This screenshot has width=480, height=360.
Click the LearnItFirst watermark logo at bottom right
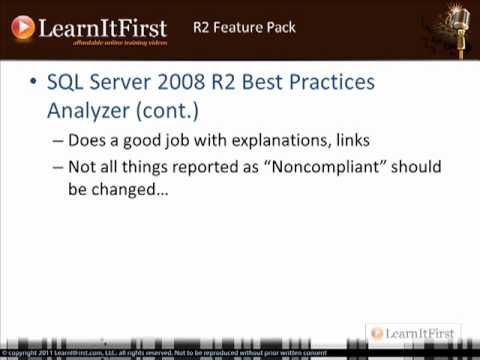tap(411, 333)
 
